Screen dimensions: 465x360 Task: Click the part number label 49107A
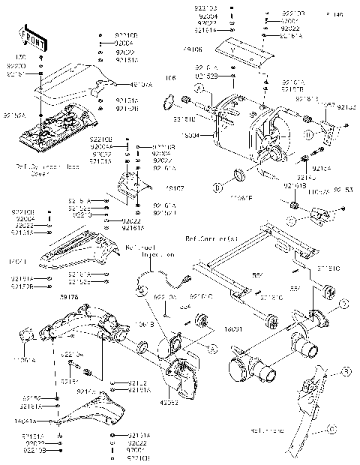tap(142, 85)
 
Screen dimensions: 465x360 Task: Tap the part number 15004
tap(192, 136)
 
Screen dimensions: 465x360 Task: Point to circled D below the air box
tap(217, 186)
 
